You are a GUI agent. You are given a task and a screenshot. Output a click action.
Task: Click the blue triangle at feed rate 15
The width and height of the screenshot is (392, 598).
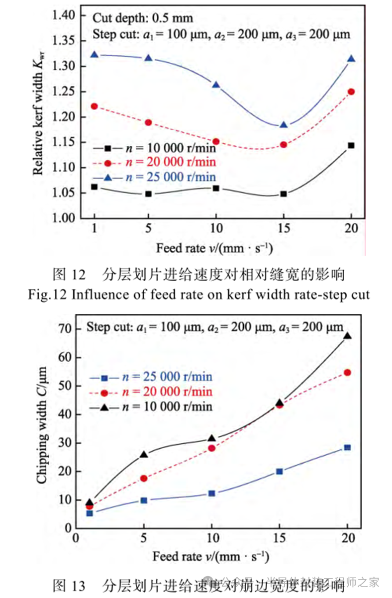[x=284, y=125]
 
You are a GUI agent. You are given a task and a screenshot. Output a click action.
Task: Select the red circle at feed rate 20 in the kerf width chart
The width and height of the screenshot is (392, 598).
[x=351, y=92]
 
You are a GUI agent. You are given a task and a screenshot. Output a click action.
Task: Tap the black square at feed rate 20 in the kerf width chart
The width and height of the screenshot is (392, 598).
[x=351, y=145]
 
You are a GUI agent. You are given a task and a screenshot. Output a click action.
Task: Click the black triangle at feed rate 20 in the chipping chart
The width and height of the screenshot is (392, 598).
[x=347, y=336]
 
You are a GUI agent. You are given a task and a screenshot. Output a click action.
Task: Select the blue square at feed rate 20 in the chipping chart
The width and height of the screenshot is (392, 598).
[x=347, y=447]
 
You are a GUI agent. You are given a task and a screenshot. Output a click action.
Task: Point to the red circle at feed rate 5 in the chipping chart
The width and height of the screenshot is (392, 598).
[x=144, y=478]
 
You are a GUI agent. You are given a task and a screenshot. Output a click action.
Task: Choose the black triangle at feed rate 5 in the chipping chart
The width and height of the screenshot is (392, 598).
[x=144, y=455]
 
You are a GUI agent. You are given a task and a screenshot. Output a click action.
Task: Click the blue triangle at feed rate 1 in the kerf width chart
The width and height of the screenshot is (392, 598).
[x=95, y=54]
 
